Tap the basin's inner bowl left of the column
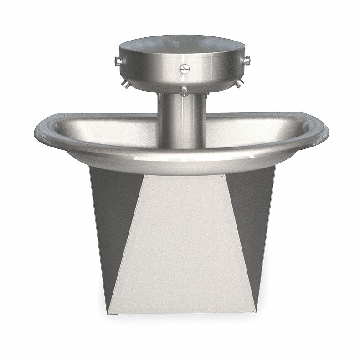114,132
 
